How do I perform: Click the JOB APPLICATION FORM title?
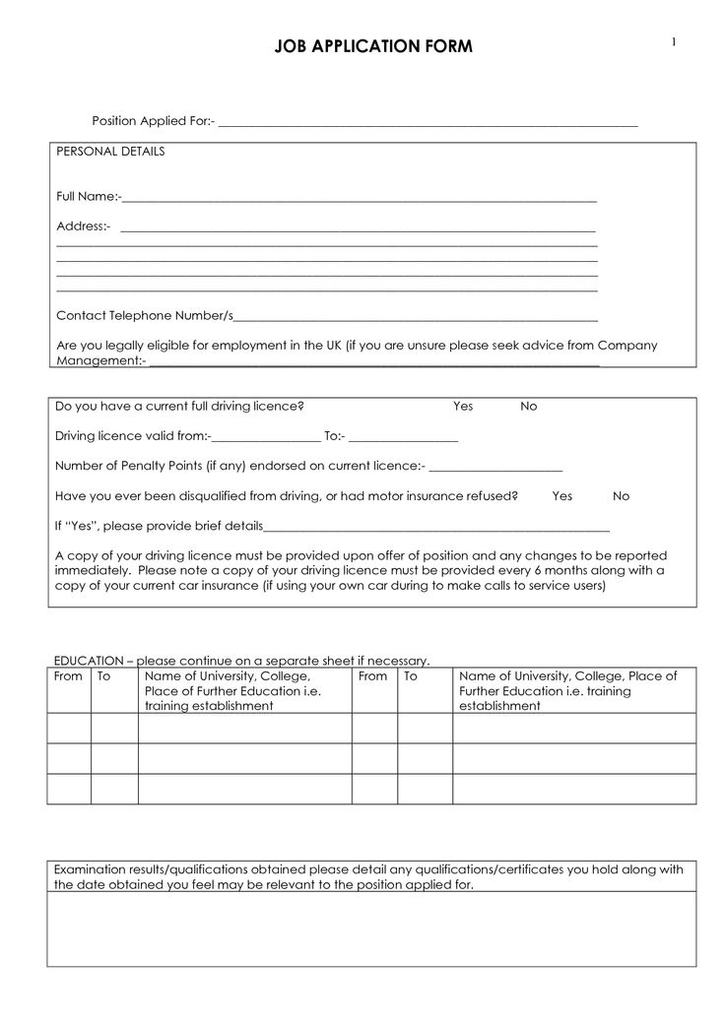pos(373,47)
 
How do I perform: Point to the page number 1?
pos(675,41)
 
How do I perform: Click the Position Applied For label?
pos(153,121)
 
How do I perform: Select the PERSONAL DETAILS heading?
pos(110,152)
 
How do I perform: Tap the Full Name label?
pos(88,197)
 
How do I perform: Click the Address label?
pos(83,226)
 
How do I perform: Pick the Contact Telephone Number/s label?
pos(145,315)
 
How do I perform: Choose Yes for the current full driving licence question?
pos(463,406)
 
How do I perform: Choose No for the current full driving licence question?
pos(529,406)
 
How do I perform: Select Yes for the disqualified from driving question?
pos(562,496)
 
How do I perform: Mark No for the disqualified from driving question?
pos(622,496)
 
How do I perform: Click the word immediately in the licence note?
pos(91,570)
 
